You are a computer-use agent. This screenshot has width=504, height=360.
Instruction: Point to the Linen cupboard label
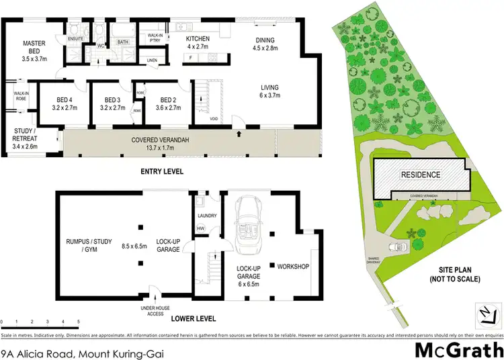pos(152,61)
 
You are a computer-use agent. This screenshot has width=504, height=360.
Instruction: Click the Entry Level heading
pos(161,172)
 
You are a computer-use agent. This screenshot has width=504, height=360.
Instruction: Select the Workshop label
pos(292,267)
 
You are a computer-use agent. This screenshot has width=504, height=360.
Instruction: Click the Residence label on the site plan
pos(421,175)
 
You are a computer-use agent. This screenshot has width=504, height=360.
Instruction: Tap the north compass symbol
pos(485,314)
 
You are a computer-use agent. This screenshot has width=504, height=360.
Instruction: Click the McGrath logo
pos(457,350)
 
